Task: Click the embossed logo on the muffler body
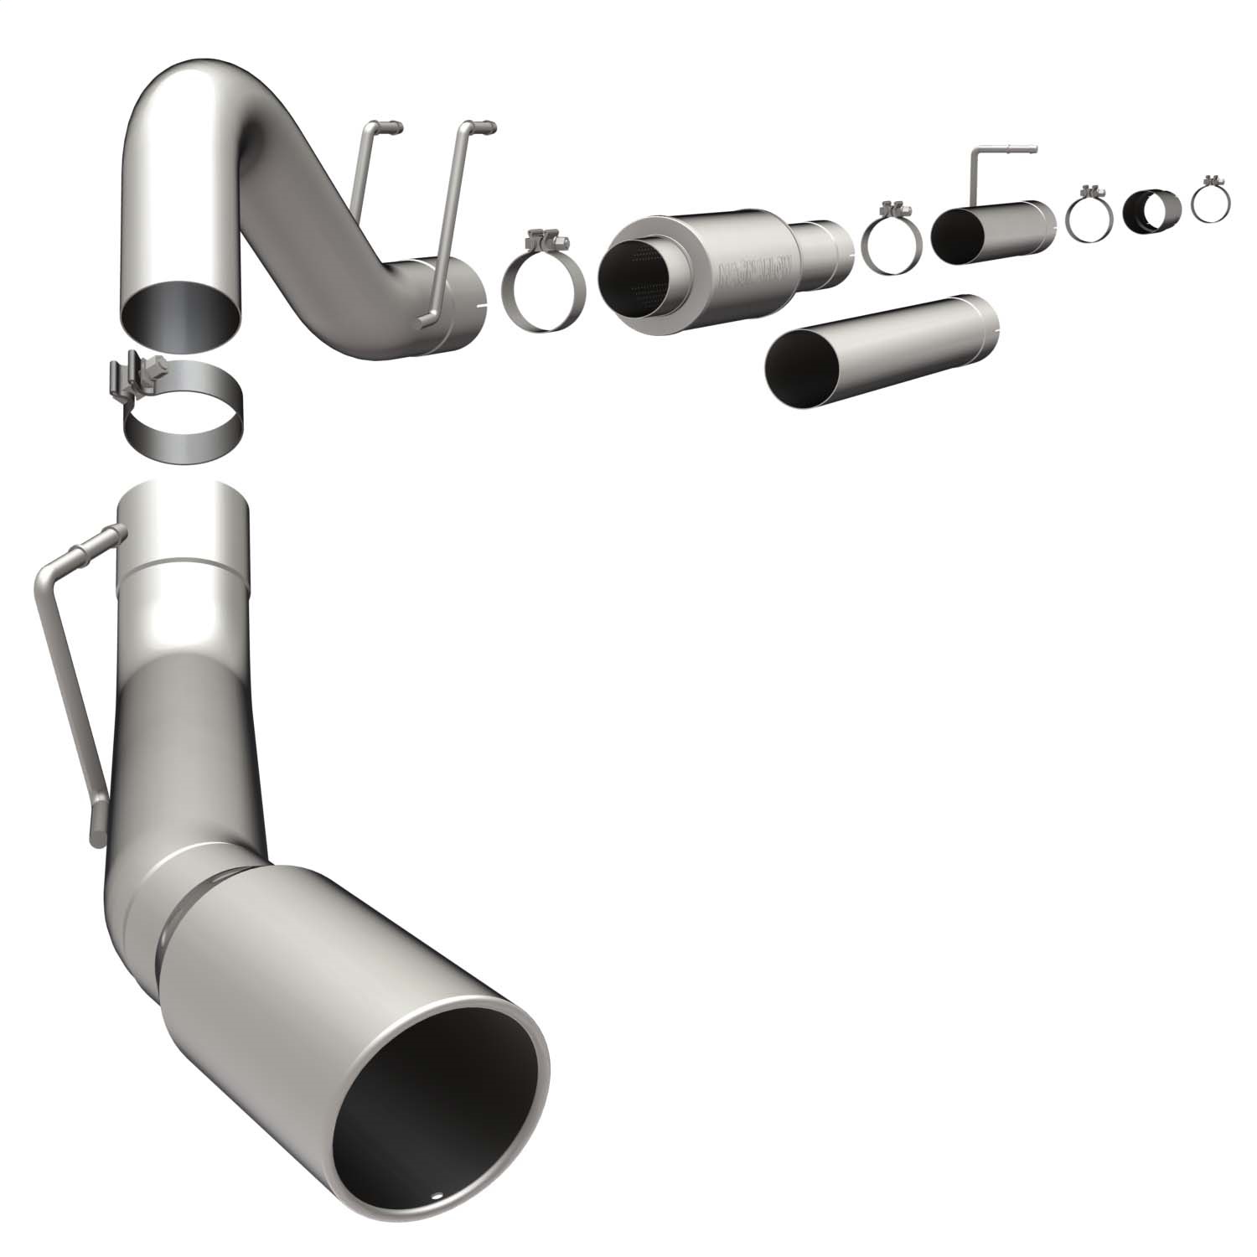(x=754, y=270)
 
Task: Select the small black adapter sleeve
(x=1153, y=205)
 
